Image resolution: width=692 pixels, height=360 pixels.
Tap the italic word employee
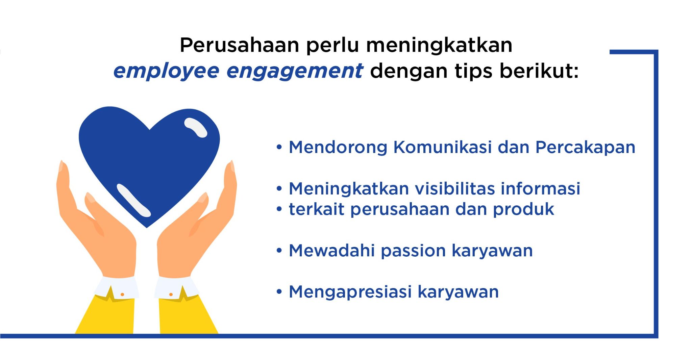click(x=166, y=72)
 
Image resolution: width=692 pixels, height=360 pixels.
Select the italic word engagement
click(x=295, y=72)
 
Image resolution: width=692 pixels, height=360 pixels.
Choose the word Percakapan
click(x=586, y=148)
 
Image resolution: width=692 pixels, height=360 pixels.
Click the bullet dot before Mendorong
click(x=279, y=147)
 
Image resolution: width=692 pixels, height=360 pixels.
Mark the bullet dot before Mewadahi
click(x=279, y=251)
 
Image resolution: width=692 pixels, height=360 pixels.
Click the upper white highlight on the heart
click(x=196, y=128)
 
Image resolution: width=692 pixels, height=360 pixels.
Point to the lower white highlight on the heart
click(x=133, y=200)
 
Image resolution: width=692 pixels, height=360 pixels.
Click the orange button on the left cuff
click(x=122, y=294)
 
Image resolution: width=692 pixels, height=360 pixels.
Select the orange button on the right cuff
click(x=171, y=294)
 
